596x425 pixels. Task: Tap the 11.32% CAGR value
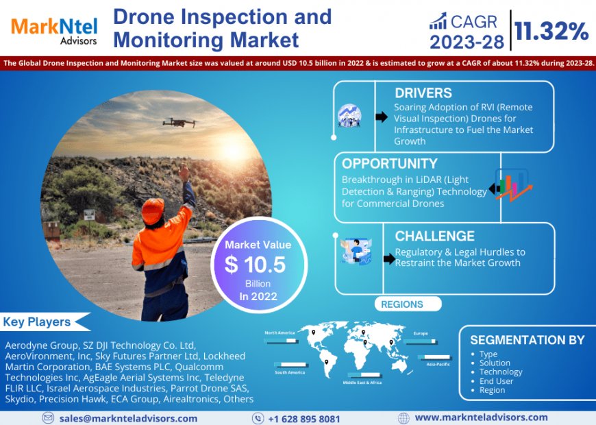551,30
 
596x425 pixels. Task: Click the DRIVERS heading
423,93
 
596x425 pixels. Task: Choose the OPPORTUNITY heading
389,164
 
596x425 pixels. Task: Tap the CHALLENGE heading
434,236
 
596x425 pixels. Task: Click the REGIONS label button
401,304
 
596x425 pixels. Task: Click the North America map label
280,332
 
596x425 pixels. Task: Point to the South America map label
290,372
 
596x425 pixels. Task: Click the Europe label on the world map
421,333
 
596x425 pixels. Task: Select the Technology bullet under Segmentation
501,372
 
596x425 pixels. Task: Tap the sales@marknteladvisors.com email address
128,418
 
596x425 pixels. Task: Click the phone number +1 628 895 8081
303,418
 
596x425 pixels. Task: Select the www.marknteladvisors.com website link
481,417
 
